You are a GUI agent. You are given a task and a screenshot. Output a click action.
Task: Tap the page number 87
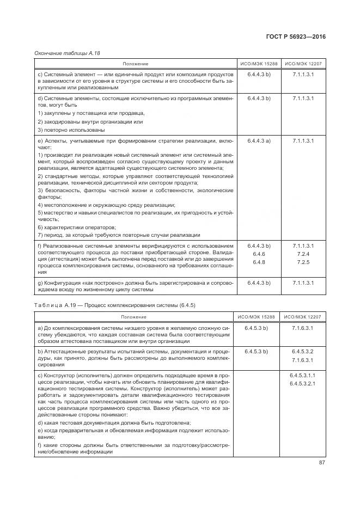[322, 463]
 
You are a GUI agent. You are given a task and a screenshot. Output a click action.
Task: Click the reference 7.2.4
[303, 254]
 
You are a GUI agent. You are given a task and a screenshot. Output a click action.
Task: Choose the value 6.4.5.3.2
[303, 351]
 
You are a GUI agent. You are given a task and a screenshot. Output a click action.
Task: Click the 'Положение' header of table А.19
[133, 316]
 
